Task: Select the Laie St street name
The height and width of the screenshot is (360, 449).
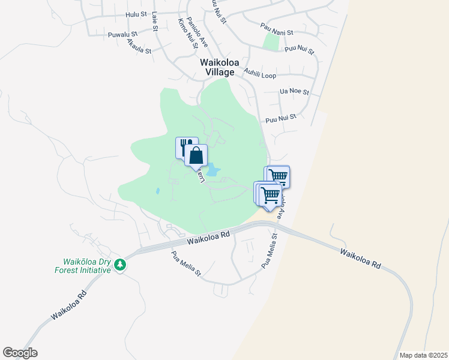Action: pyautogui.click(x=155, y=22)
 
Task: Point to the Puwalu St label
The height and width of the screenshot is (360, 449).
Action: pyautogui.click(x=124, y=35)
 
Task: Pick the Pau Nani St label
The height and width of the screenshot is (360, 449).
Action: pyautogui.click(x=276, y=29)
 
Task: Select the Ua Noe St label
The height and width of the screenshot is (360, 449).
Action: pyautogui.click(x=294, y=92)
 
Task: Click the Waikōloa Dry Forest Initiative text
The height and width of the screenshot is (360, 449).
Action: pyautogui.click(x=88, y=266)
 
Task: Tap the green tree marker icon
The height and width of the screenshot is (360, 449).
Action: pyautogui.click(x=120, y=265)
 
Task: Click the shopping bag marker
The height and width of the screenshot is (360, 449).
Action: pyautogui.click(x=196, y=156)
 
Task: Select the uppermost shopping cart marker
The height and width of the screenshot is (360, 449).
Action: pyautogui.click(x=277, y=176)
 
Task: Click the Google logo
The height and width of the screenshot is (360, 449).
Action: pyautogui.click(x=20, y=353)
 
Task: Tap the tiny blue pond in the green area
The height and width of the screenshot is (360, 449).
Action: pyautogui.click(x=157, y=191)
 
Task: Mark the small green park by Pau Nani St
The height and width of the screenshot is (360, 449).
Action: pyautogui.click(x=272, y=41)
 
